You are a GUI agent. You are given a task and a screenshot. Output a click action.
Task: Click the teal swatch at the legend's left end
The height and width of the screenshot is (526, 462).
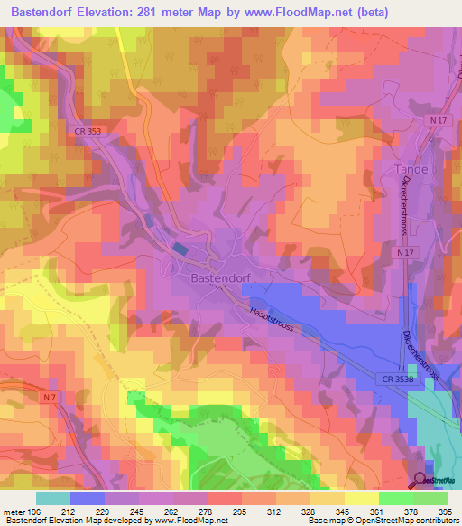[x=53, y=498]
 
